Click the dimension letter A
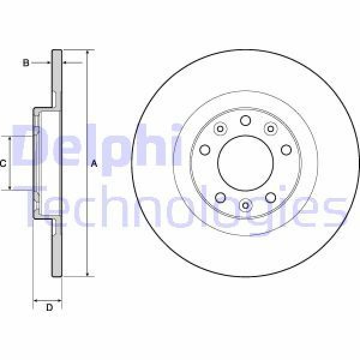[93, 164]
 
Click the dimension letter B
[26, 62]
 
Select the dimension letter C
[4, 163]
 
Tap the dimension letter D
[50, 307]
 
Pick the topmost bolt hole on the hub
[245, 121]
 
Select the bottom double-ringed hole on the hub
[245, 206]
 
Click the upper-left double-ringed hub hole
[220, 129]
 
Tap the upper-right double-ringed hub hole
[270, 129]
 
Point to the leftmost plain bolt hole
[205, 149]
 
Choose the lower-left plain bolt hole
[220, 198]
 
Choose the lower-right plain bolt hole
[270, 198]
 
